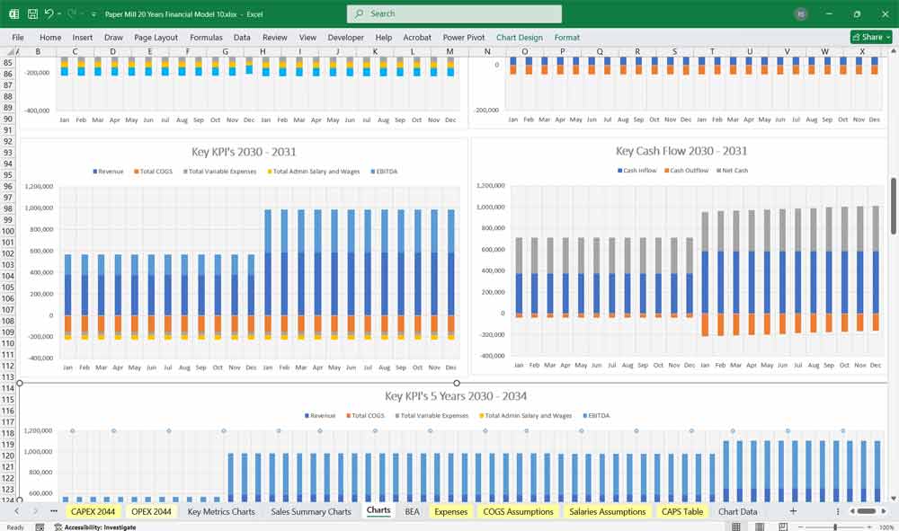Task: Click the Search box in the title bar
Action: click(x=454, y=13)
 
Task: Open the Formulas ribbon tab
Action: click(x=206, y=38)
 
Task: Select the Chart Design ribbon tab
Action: click(x=520, y=38)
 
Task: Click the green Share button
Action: click(x=870, y=37)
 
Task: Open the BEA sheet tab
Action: click(x=412, y=511)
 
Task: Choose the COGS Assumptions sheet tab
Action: click(x=518, y=511)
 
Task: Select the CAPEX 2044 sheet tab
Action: click(x=93, y=511)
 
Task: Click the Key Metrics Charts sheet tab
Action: click(x=221, y=511)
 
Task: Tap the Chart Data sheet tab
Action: click(x=737, y=511)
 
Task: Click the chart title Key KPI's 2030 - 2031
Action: click(x=244, y=152)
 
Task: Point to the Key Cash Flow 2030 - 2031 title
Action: click(x=681, y=151)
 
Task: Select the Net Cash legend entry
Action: click(x=734, y=171)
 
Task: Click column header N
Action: click(x=487, y=51)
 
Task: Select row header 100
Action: click(x=8, y=231)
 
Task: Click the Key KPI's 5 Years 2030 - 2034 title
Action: click(x=455, y=396)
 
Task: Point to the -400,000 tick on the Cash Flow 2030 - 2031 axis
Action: click(x=492, y=356)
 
